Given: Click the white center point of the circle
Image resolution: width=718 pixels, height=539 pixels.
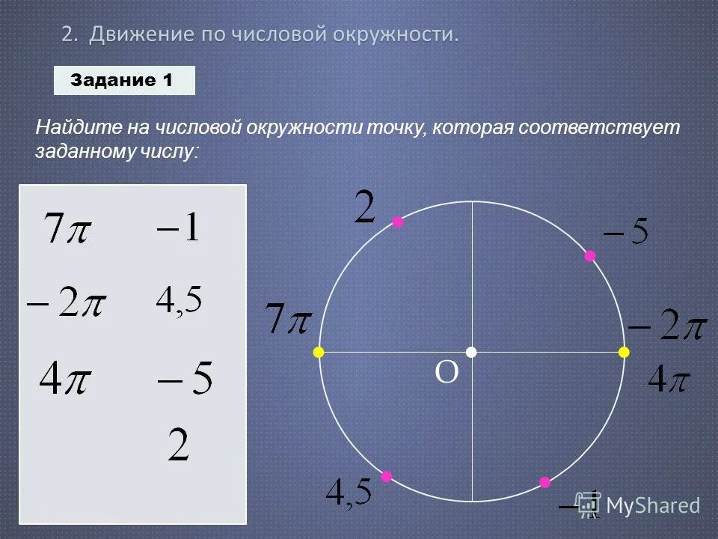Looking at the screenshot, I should [x=471, y=352].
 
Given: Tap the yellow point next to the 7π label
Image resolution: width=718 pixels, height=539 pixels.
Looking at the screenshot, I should [x=319, y=352].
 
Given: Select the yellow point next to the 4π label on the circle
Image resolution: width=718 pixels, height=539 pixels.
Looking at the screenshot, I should [x=624, y=352].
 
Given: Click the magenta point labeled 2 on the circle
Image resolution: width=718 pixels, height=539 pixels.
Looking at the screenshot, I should [x=398, y=222].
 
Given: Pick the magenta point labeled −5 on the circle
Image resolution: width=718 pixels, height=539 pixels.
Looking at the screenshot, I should [x=590, y=256].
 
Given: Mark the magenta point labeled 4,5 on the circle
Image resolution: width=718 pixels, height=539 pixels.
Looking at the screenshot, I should [x=387, y=476].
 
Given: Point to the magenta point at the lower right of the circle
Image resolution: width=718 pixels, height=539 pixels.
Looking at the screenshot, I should [x=544, y=482].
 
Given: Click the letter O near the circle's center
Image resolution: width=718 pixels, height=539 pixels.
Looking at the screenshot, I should [x=447, y=372].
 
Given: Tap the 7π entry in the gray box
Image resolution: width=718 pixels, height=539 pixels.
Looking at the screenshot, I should [x=67, y=228].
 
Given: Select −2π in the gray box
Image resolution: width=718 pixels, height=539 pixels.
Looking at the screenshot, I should [x=67, y=305].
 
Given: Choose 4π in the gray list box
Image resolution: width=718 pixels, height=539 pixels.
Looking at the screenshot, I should [x=65, y=380].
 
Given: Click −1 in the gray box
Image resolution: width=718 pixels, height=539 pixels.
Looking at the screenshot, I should [x=179, y=226].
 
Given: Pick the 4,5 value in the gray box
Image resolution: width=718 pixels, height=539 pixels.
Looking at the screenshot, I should [x=179, y=301].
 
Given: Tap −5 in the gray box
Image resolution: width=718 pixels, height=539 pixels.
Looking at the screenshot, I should [x=185, y=379].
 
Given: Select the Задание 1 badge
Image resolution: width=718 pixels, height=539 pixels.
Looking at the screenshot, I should [x=124, y=80].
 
